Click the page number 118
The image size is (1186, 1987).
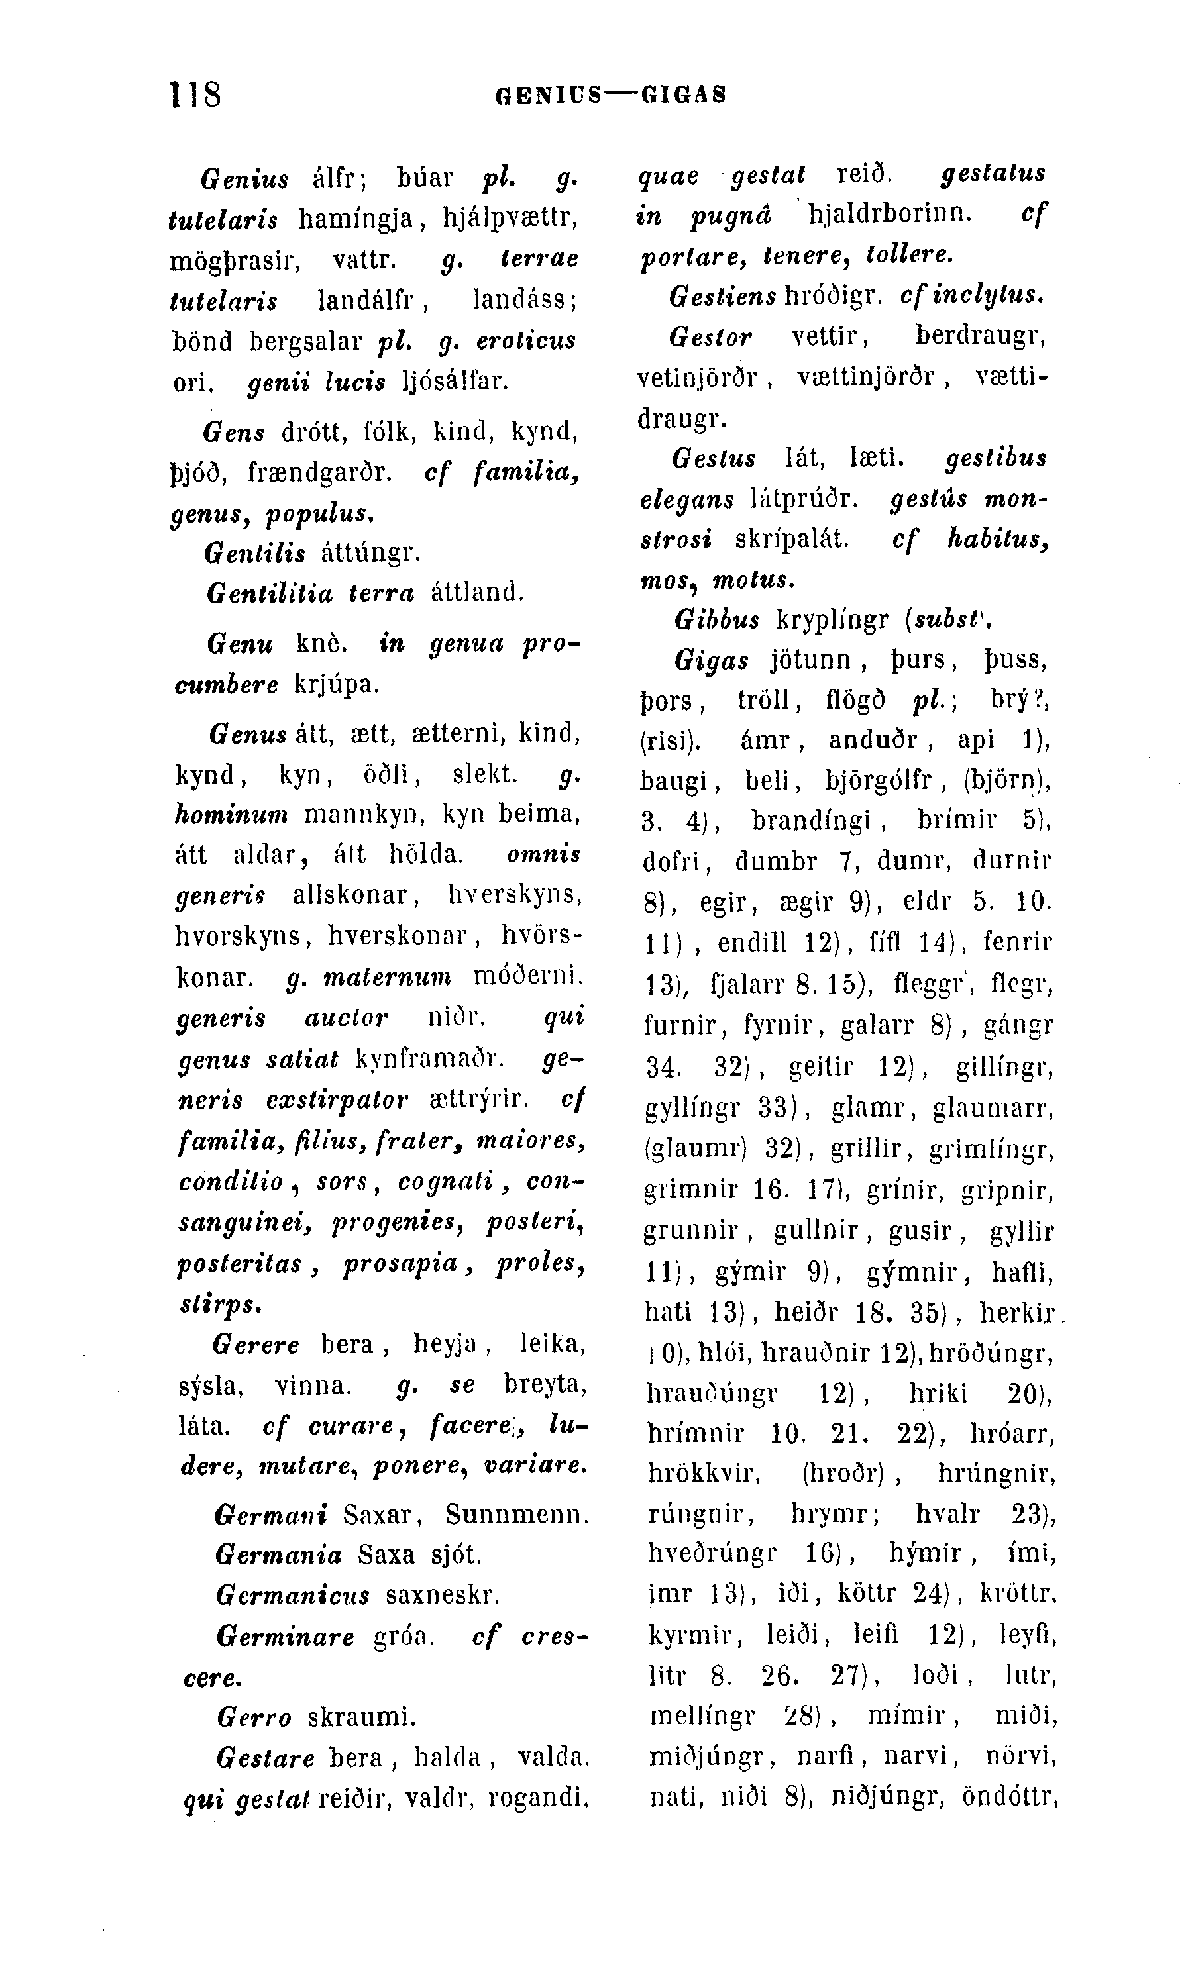(x=195, y=94)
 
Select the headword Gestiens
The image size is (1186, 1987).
(x=722, y=297)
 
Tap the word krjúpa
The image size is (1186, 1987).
(x=336, y=685)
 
